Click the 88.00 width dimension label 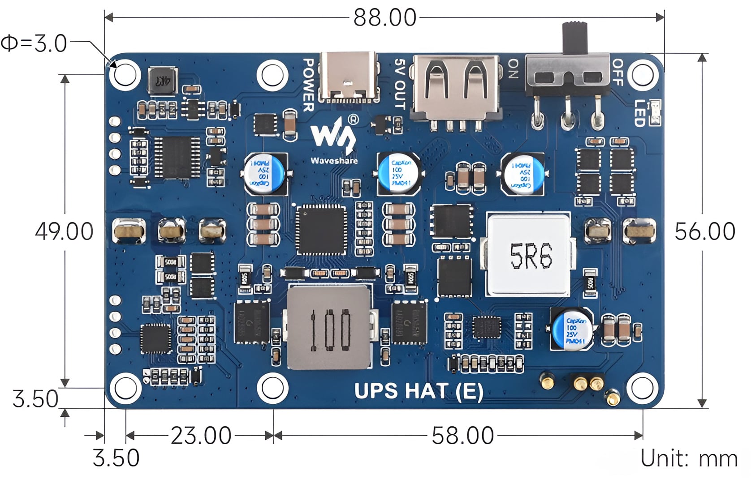coord(384,18)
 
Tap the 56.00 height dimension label coord(704,231)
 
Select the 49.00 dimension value coord(64,231)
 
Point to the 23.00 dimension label coord(201,435)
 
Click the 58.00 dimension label coord(462,435)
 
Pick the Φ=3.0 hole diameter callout coord(34,43)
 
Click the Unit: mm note coord(689,458)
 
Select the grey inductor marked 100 coord(329,328)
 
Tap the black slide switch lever coord(574,38)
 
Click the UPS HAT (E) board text coord(419,391)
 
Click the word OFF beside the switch coord(617,72)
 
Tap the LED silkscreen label coord(639,113)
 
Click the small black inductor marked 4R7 coord(162,81)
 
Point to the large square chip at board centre coord(321,229)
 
